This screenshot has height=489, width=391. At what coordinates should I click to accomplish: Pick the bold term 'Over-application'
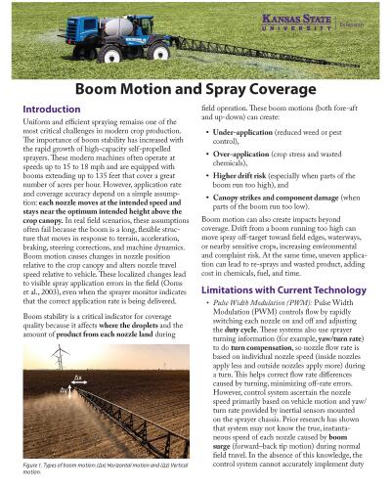click(243, 154)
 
